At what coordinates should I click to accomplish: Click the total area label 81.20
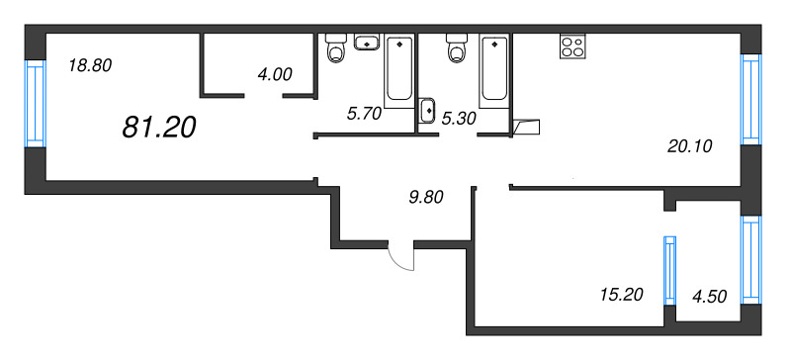(159, 127)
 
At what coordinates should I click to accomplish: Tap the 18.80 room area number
(90, 65)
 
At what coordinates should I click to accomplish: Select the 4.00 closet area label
(275, 75)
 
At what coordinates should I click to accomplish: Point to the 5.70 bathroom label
(363, 115)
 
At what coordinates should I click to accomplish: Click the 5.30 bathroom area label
(459, 118)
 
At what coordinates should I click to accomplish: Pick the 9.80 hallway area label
(426, 198)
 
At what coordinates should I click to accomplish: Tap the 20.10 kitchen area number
(689, 146)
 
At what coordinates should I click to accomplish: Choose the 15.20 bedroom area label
(622, 294)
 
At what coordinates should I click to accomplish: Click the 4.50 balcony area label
(710, 297)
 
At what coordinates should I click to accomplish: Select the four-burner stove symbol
(573, 45)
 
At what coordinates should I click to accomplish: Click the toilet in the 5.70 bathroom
(335, 47)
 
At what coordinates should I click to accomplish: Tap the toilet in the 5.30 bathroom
(457, 47)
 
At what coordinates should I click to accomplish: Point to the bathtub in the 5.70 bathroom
(398, 70)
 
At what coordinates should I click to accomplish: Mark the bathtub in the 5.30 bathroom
(493, 70)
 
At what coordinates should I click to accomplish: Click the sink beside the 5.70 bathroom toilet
(367, 43)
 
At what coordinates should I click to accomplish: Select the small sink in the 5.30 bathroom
(427, 110)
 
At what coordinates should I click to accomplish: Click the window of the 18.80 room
(36, 104)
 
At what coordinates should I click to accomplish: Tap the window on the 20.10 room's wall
(751, 99)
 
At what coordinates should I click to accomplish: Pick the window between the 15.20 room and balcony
(669, 271)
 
